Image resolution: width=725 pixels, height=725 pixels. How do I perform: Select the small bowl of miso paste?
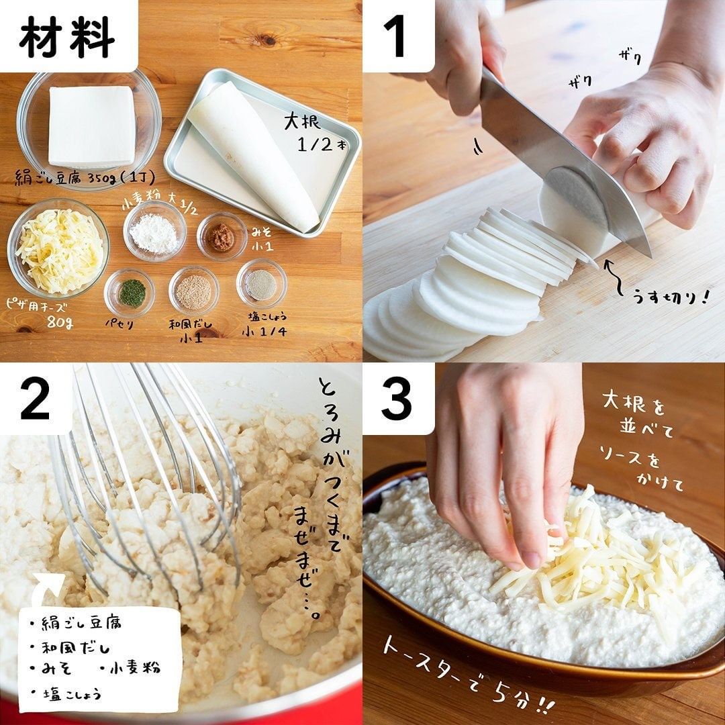[x=222, y=236]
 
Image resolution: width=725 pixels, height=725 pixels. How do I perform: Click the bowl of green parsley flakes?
[x=130, y=293]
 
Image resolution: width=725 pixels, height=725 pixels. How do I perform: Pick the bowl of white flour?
[x=154, y=231]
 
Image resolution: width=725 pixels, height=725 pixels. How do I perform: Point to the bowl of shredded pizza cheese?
[x=58, y=249]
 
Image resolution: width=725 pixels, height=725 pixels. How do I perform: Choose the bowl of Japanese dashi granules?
[x=194, y=291]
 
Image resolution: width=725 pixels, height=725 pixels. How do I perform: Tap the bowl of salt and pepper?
[x=261, y=284]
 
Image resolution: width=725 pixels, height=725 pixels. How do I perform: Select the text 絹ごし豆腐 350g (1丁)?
[x=85, y=177]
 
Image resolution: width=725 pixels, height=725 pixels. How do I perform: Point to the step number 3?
[x=396, y=399]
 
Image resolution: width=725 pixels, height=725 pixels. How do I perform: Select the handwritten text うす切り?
[x=669, y=296]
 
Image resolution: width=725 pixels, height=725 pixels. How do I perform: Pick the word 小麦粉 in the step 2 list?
[x=134, y=668]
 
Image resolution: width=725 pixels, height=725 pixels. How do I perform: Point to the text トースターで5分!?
[x=467, y=679]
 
